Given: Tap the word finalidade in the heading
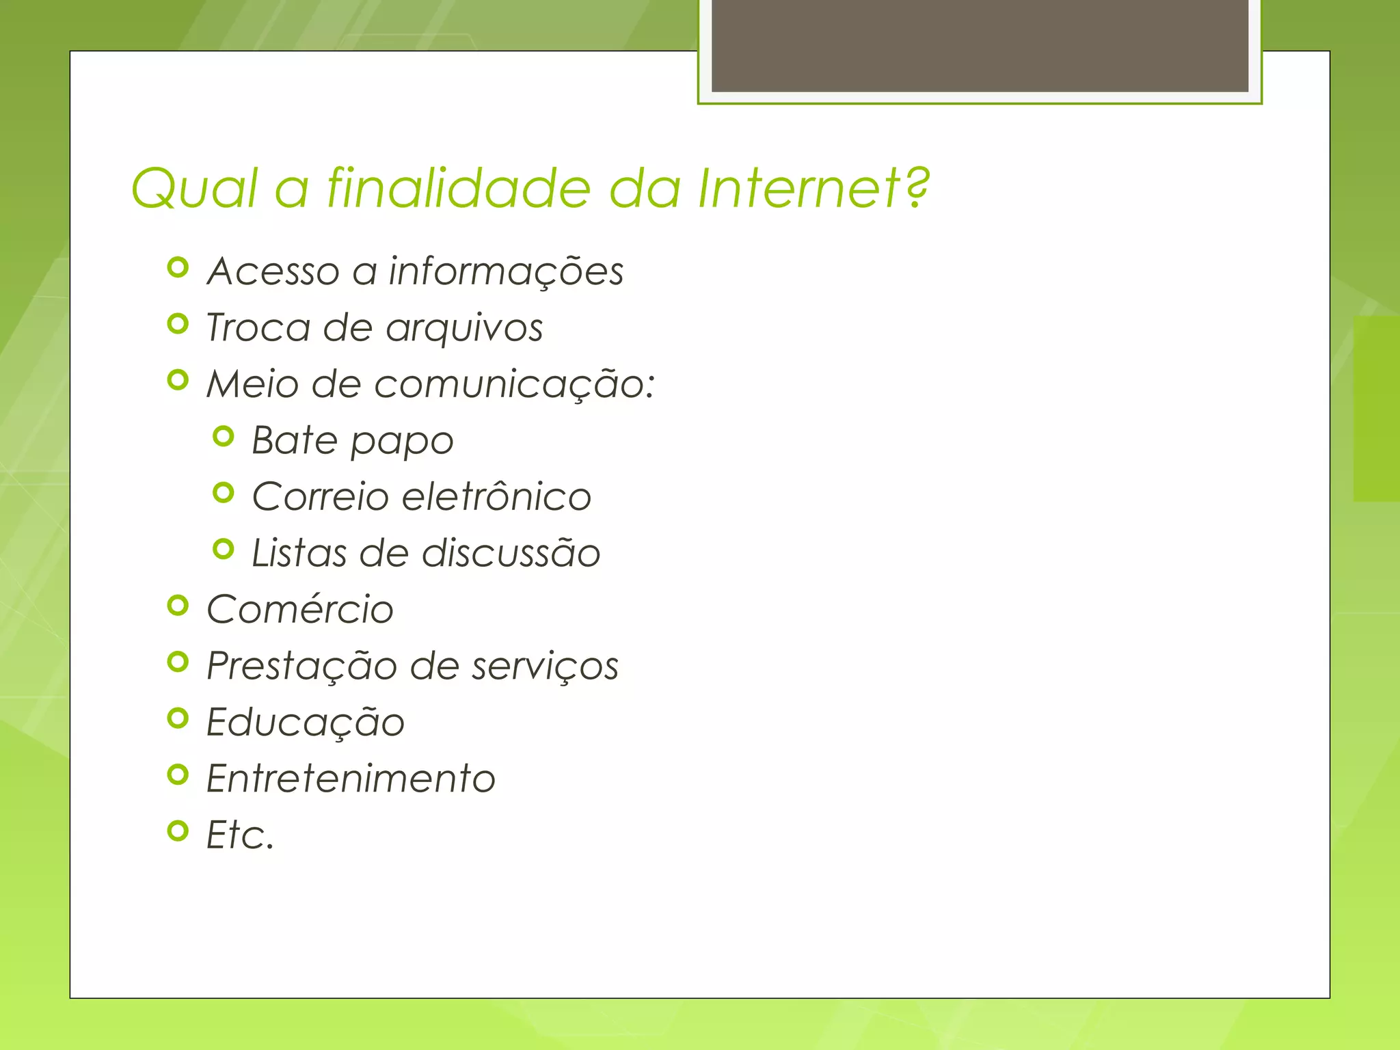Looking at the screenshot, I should click(458, 188).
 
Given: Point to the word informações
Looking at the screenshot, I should click(506, 271).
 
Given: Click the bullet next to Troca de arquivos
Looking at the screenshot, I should click(178, 324).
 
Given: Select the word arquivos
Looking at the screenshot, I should click(464, 328).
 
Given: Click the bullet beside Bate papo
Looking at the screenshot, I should click(224, 436).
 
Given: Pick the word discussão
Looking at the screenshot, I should click(511, 553).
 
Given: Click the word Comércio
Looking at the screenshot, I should click(300, 609).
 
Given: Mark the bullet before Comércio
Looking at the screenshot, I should click(178, 606).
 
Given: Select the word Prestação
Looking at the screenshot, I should click(301, 667).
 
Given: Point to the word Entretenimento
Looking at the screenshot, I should click(351, 779).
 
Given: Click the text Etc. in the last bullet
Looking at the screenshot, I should click(240, 835).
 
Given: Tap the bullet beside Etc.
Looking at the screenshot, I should click(178, 831).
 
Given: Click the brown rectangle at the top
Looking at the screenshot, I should click(980, 45).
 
